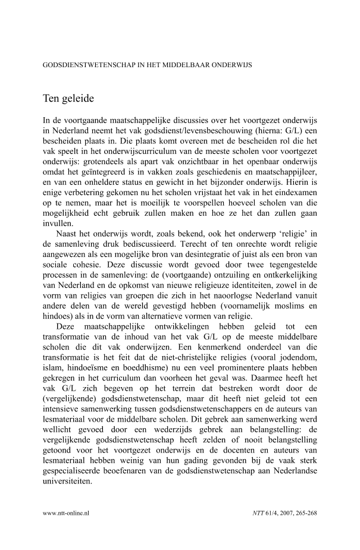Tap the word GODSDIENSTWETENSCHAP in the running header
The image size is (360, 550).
click(x=89, y=65)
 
